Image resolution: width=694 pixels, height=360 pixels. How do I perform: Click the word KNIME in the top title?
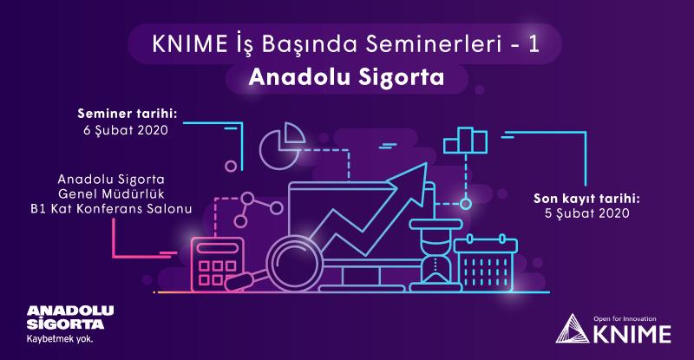[x=189, y=44]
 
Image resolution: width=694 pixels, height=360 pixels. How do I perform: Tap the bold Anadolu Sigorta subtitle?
[x=346, y=77]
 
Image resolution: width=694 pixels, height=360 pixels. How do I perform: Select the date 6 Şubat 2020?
[x=126, y=130]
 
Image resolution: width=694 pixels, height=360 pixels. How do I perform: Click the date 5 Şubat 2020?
[x=587, y=213]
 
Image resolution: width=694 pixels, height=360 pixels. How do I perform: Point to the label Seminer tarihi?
[x=128, y=114]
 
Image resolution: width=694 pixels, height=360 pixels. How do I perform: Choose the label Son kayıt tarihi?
[x=587, y=199]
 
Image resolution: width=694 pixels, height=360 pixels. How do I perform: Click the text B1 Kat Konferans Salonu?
[x=111, y=209]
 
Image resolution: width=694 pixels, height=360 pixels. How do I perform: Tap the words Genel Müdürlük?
[x=111, y=194]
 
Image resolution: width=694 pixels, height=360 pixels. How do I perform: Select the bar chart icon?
[x=465, y=141]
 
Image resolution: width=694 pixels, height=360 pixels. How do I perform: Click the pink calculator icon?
[x=217, y=265]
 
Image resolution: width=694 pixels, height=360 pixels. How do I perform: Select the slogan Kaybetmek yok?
[x=60, y=340]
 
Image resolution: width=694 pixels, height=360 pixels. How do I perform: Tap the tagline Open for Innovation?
[x=625, y=319]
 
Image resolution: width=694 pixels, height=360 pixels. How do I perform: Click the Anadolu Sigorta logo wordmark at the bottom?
[x=70, y=317]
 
